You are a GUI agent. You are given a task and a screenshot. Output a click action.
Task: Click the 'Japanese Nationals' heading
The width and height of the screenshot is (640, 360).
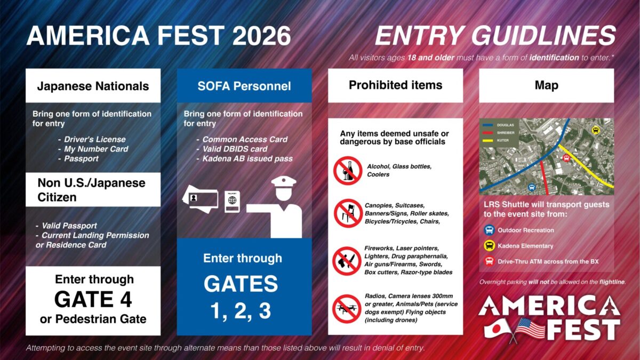click(93, 86)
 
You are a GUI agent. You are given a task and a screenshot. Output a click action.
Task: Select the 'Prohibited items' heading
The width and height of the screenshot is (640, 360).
click(395, 85)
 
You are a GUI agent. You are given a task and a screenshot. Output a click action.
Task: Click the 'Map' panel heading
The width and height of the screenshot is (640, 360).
click(546, 85)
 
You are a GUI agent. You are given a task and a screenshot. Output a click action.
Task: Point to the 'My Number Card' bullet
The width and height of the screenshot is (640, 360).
click(97, 149)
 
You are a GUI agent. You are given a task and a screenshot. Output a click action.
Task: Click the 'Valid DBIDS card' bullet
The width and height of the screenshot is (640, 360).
click(235, 149)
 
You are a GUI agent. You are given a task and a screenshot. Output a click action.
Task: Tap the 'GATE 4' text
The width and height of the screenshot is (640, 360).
click(93, 299)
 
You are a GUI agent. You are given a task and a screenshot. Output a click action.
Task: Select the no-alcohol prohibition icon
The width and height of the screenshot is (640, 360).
click(347, 171)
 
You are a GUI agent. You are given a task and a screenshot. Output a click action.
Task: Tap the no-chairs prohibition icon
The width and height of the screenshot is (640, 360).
click(347, 213)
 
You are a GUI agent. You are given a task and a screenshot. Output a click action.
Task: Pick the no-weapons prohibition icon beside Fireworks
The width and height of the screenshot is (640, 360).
click(347, 261)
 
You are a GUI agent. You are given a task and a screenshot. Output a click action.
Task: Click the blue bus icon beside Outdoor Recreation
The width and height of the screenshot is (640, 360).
click(489, 230)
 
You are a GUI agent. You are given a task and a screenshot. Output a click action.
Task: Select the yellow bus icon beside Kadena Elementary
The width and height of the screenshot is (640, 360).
click(489, 246)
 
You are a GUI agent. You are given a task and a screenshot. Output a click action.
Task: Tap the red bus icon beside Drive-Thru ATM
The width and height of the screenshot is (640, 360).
click(489, 261)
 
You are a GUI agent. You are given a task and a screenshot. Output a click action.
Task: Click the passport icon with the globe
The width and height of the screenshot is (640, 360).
click(232, 200)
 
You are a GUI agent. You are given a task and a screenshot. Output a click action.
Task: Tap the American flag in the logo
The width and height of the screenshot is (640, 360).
click(529, 327)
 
